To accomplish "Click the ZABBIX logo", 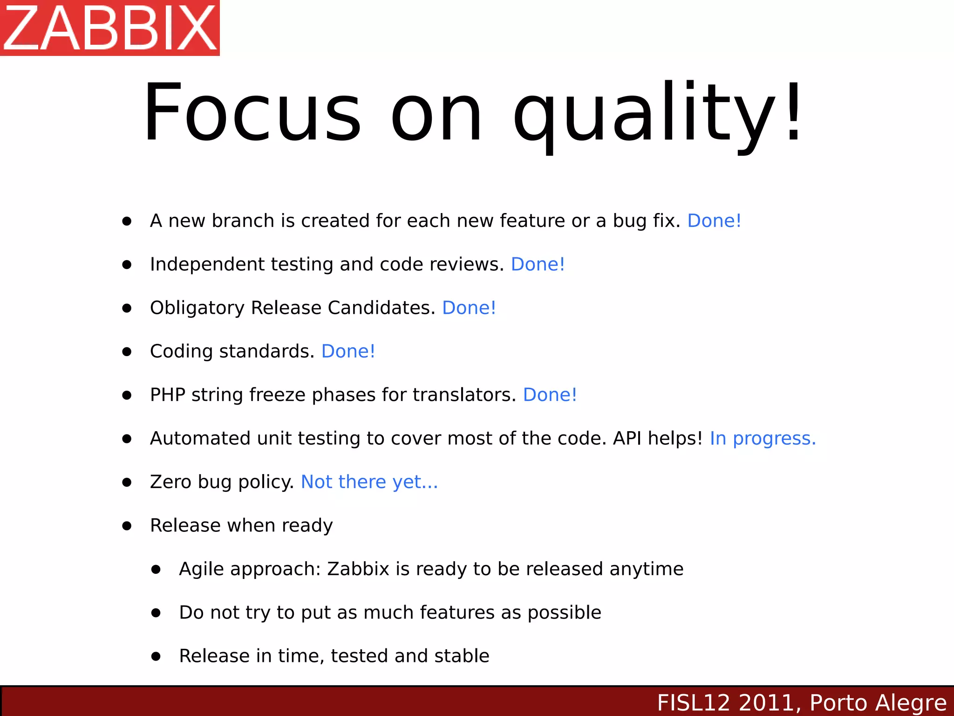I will tap(110, 28).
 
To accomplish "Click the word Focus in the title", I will tap(252, 113).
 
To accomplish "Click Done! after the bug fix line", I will tap(714, 221).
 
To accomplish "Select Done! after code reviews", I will tap(538, 264).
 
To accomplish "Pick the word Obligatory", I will tap(197, 308).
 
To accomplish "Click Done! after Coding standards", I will tap(348, 351).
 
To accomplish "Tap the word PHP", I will tap(167, 395).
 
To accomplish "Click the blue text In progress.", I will tap(762, 439).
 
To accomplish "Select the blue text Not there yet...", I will tap(369, 482).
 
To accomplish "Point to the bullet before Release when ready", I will tap(127, 526).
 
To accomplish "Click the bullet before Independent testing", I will tap(127, 265).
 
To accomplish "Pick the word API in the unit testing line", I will tap(627, 439).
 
